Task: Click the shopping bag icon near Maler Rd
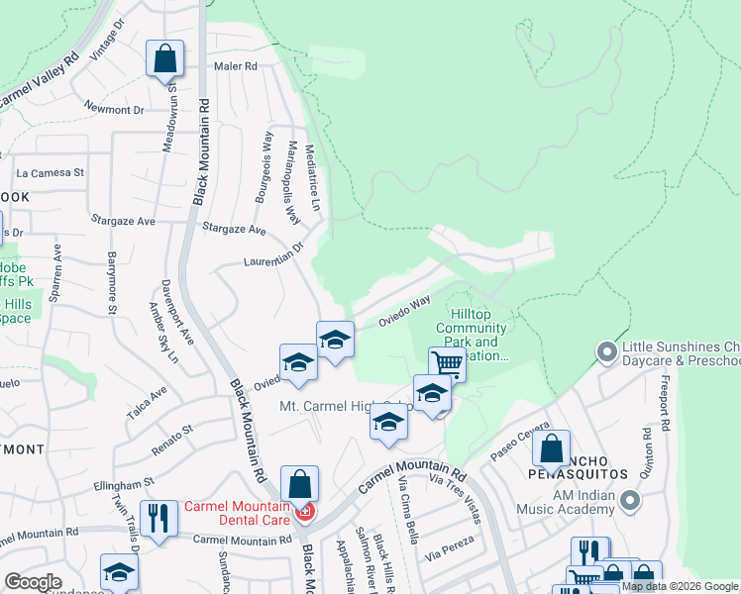165,58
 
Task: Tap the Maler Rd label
236,66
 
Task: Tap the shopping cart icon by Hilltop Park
447,364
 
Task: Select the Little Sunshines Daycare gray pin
606,351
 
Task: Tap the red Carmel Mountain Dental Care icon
306,512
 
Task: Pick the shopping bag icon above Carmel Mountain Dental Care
299,484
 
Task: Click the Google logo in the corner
33,582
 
